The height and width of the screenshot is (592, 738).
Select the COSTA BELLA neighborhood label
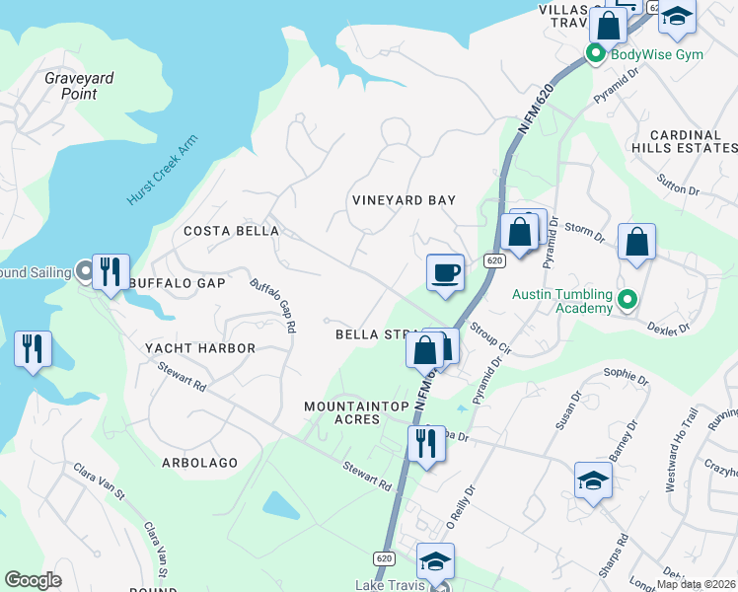pyautogui.click(x=232, y=231)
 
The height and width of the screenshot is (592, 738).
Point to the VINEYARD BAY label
pyautogui.click(x=405, y=200)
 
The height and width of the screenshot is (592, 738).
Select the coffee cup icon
pyautogui.click(x=446, y=272)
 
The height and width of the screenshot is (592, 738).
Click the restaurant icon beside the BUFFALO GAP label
pyautogui.click(x=111, y=270)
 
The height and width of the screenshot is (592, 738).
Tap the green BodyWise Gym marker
pyautogui.click(x=596, y=53)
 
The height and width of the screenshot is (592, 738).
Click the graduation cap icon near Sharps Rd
pyautogui.click(x=594, y=481)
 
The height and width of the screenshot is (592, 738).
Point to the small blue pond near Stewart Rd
pyautogui.click(x=281, y=505)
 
